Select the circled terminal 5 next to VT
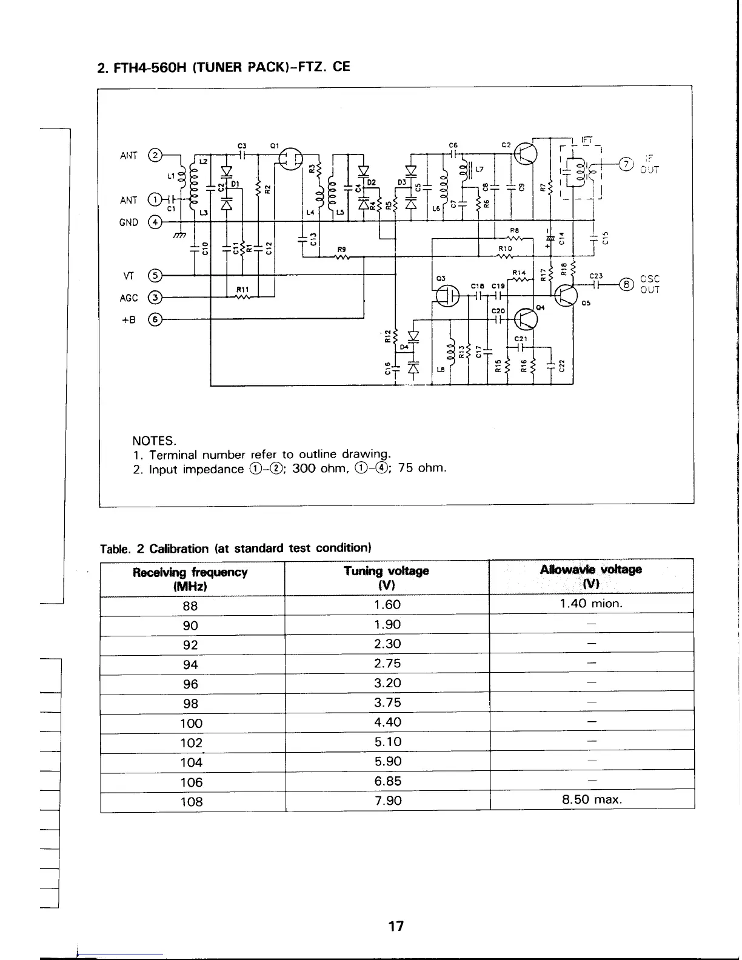155,276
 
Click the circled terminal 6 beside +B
155,319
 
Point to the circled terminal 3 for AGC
155,298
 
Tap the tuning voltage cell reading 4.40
387,722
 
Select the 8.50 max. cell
592,799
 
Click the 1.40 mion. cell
591,604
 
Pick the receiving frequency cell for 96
190,684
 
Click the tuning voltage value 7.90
387,801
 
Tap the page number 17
395,926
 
